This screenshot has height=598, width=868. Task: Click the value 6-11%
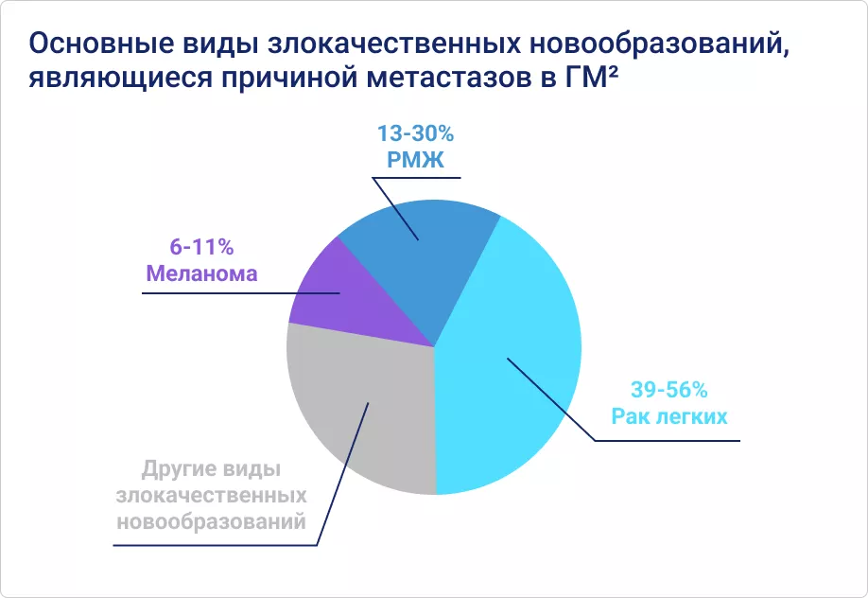200,248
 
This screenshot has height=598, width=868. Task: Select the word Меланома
200,274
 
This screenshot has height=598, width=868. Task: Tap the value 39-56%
668,389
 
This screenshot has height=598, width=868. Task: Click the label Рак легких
668,415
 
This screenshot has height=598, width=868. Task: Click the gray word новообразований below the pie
210,521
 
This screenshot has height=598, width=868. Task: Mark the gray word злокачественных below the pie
210,496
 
